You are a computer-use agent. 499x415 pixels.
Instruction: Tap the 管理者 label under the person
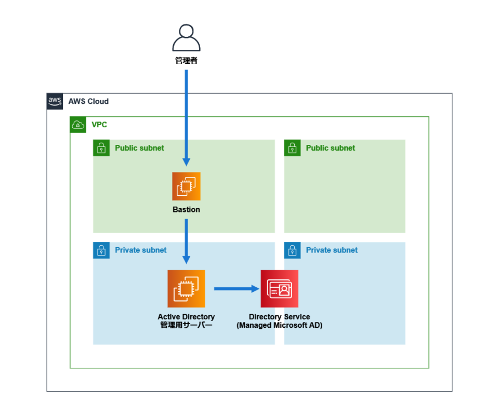(x=186, y=61)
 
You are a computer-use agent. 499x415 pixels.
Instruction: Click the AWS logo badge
(x=55, y=101)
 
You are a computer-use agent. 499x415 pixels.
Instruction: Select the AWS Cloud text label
(x=88, y=101)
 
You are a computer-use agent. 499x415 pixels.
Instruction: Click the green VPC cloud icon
(x=78, y=125)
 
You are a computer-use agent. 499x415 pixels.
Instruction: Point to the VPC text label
(x=99, y=125)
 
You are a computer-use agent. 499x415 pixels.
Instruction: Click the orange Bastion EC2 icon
(x=186, y=186)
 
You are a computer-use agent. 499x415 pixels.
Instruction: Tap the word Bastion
(x=186, y=210)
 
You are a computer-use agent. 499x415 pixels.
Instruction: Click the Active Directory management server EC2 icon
(x=186, y=289)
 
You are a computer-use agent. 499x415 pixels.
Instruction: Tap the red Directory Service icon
(x=280, y=289)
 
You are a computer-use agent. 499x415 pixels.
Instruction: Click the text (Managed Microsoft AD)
(x=280, y=326)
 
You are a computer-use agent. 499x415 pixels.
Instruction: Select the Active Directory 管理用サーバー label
(x=186, y=321)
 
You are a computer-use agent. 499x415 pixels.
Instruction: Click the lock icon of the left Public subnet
(x=101, y=148)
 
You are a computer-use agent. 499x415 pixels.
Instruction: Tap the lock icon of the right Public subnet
(x=292, y=148)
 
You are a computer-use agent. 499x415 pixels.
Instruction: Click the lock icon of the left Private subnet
(x=101, y=250)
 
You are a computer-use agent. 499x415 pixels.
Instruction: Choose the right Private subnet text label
(x=332, y=250)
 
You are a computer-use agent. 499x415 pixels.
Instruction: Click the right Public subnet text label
(x=330, y=148)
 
